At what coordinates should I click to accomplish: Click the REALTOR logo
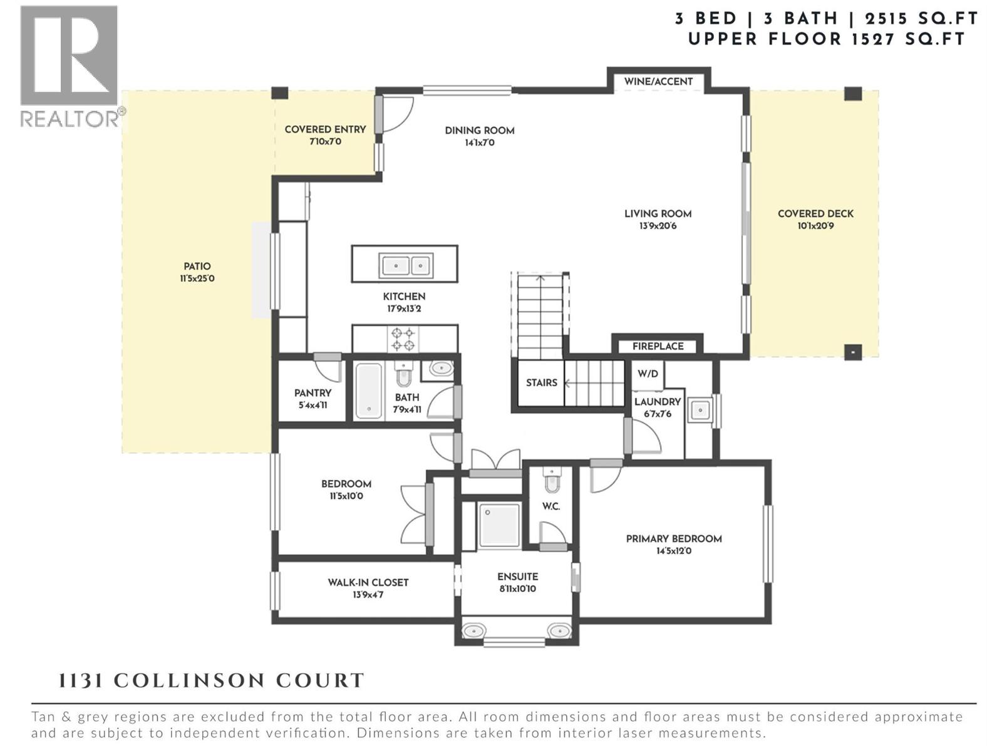click(x=69, y=66)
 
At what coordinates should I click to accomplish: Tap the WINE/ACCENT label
click(x=658, y=81)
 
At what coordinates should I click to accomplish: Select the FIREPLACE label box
click(x=658, y=346)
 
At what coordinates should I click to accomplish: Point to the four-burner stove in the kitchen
click(x=403, y=339)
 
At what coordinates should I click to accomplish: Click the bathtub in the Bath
click(x=369, y=391)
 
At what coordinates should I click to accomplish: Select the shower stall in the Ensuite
click(x=499, y=526)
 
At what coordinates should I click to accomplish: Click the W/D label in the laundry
click(x=648, y=374)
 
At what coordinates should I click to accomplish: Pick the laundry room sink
click(x=700, y=411)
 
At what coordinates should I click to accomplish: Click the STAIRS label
click(x=542, y=382)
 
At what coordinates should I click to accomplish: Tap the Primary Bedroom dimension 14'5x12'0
click(x=674, y=551)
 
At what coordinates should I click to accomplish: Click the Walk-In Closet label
click(x=368, y=582)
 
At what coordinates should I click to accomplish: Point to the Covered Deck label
click(x=815, y=213)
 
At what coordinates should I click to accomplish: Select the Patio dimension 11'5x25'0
click(x=197, y=278)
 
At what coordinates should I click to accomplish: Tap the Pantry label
click(x=312, y=393)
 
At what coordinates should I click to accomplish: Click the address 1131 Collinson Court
click(x=211, y=681)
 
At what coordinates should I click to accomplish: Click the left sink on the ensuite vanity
click(x=474, y=630)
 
